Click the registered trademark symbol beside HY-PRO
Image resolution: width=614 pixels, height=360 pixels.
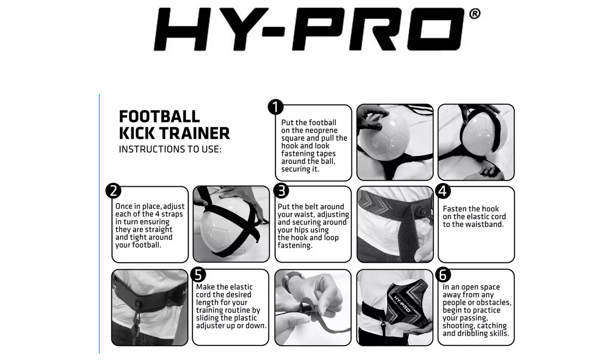[x=474, y=14]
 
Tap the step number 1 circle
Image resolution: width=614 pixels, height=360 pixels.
[x=275, y=107]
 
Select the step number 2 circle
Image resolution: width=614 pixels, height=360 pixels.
[x=113, y=191]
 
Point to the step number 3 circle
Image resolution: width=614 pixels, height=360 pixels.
[x=281, y=191]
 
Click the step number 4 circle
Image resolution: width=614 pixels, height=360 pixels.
[x=442, y=191]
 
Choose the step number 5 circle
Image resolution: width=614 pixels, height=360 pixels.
[x=198, y=275]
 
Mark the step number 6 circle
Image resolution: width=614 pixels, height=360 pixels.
[x=442, y=275]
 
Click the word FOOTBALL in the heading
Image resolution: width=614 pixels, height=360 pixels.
[x=159, y=117]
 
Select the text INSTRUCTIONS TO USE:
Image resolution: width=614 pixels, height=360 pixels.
[x=170, y=149]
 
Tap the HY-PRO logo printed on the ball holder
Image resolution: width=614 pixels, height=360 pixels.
[x=402, y=303]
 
